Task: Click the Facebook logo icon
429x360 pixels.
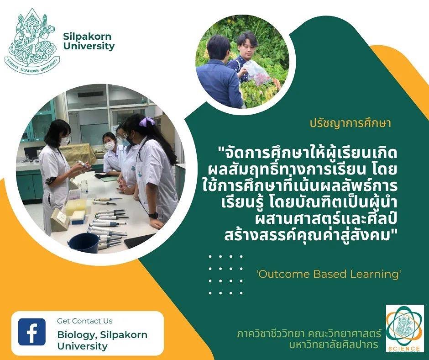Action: pos(32,332)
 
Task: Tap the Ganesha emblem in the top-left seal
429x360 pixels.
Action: pos(32,41)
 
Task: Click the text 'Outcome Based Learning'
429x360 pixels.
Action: pos(328,274)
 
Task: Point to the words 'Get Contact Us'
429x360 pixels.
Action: pos(85,321)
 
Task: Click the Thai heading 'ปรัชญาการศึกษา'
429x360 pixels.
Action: pos(351,123)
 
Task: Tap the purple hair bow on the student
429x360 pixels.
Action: pos(147,122)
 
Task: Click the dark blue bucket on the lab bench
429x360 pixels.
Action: pos(83,243)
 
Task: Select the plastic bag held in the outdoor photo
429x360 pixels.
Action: pos(256,72)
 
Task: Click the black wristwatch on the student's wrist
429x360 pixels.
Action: pos(153,215)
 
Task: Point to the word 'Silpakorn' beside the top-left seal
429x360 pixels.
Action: pos(87,37)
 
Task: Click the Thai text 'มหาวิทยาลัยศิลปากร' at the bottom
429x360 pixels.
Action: pos(334,345)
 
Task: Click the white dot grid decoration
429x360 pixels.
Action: pos(225,275)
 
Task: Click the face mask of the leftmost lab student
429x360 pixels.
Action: pos(65,141)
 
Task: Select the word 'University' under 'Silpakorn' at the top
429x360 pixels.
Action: pos(89,46)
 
